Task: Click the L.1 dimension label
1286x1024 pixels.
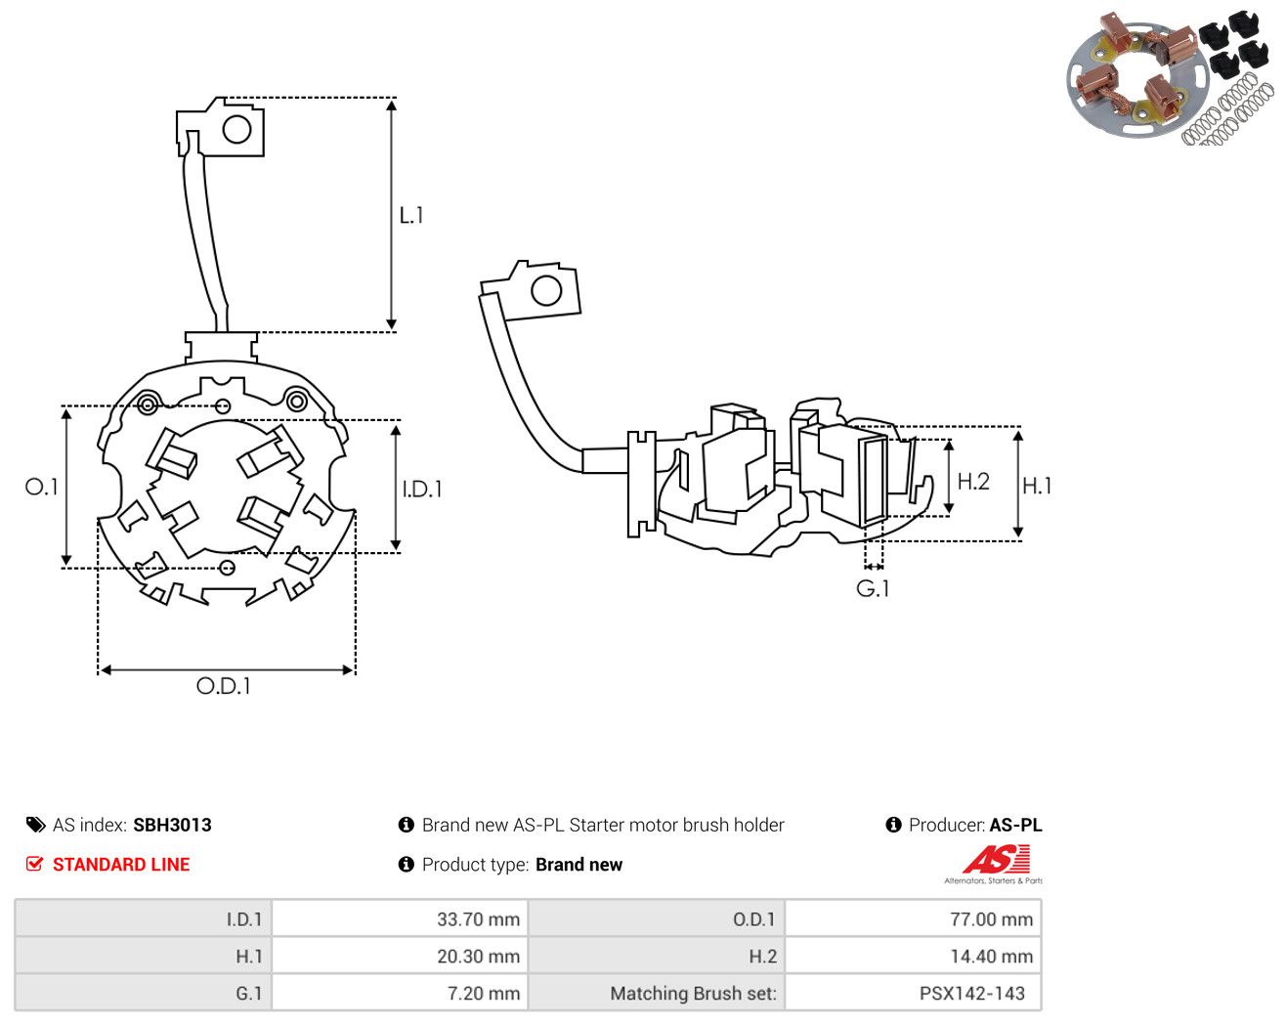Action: coord(411,215)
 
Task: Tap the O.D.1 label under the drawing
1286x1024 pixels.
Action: coord(223,686)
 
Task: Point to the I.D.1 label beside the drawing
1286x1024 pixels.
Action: coord(422,490)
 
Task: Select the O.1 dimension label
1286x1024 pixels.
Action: coord(41,487)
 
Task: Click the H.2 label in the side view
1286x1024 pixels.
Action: coord(973,482)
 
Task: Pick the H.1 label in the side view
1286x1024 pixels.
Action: coord(1037,486)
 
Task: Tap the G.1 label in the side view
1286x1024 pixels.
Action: coord(873,588)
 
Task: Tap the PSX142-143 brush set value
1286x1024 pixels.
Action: coord(971,993)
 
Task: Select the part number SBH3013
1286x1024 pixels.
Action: coord(172,825)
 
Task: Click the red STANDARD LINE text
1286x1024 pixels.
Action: coord(121,865)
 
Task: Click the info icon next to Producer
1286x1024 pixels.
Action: coord(893,825)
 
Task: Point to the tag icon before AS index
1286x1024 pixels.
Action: coord(36,825)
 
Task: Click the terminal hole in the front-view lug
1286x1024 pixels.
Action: coord(236,130)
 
